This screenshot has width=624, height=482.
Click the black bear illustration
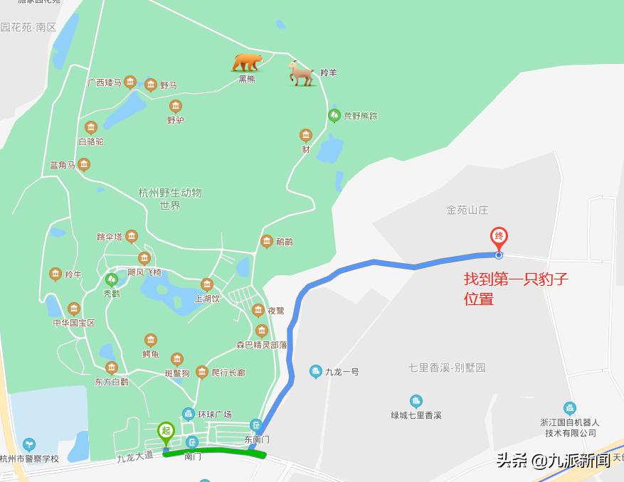247,63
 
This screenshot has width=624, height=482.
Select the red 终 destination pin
499,237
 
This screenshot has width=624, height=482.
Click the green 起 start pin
166,432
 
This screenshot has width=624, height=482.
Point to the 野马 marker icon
151,85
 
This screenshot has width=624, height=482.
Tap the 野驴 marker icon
176,107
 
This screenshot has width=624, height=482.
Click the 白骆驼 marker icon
90,128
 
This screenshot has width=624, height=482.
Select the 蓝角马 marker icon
84,166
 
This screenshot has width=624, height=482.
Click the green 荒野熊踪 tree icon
334,115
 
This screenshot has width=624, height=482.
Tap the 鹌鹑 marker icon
267,242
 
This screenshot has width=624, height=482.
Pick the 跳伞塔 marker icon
131,237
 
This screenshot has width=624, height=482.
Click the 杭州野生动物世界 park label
170,199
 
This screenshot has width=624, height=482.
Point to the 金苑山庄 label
467,210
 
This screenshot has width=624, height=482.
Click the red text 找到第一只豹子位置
516,289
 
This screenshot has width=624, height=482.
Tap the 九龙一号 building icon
316,371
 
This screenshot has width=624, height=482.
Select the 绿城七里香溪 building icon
416,402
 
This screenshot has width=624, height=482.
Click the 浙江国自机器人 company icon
569,409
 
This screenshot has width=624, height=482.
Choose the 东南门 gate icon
256,427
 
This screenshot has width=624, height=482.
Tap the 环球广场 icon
189,414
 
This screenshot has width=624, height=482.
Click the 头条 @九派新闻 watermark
553,461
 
